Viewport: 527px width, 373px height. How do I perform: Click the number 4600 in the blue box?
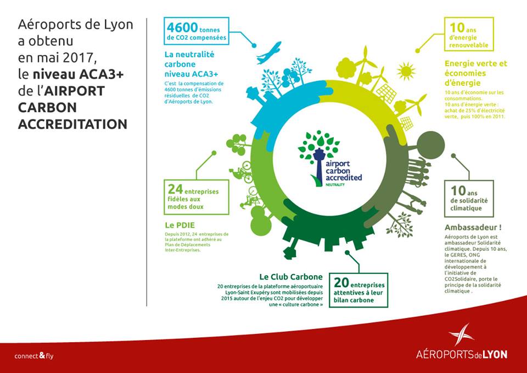pyautogui.click(x=183, y=27)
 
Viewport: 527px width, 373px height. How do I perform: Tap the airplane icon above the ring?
pyautogui.click(x=268, y=53)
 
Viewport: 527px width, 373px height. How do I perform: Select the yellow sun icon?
pyautogui.click(x=406, y=70)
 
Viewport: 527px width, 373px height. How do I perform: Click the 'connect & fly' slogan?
pyautogui.click(x=34, y=356)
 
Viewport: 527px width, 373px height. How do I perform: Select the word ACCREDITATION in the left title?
pyautogui.click(x=72, y=124)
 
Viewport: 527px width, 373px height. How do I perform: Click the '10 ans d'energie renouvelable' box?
pyautogui.click(x=468, y=34)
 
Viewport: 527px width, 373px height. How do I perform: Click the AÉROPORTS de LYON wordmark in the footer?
pyautogui.click(x=461, y=355)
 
